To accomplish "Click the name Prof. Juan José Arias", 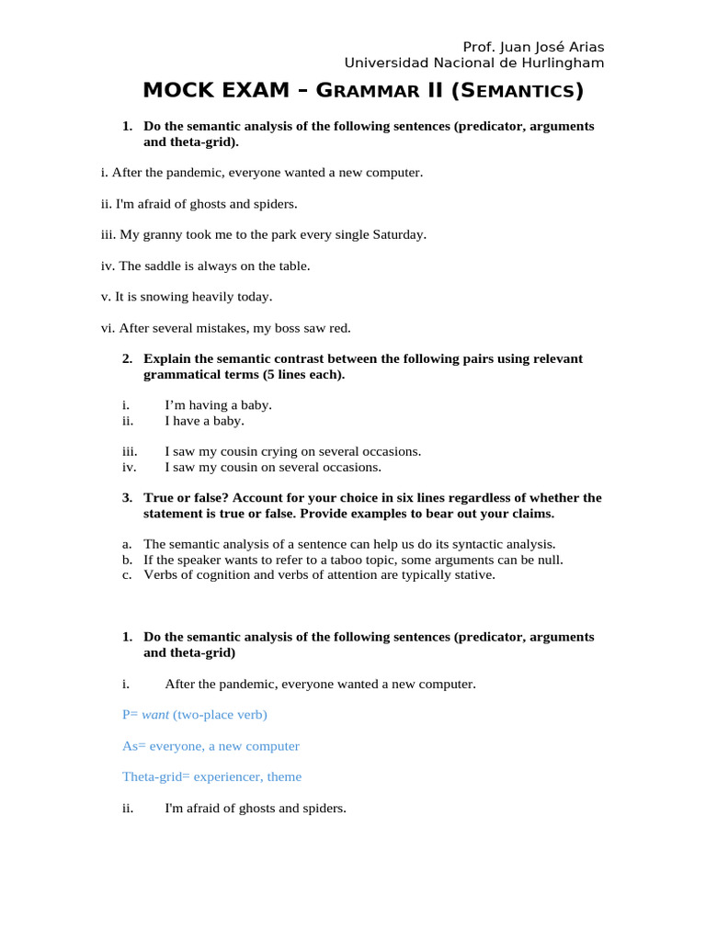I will coord(533,47).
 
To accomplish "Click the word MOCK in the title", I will coord(178,91).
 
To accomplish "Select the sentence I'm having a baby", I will coord(218,404).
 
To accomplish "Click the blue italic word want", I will coord(155,714).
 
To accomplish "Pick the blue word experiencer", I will coord(227,777).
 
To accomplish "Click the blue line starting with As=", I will coord(211,745).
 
